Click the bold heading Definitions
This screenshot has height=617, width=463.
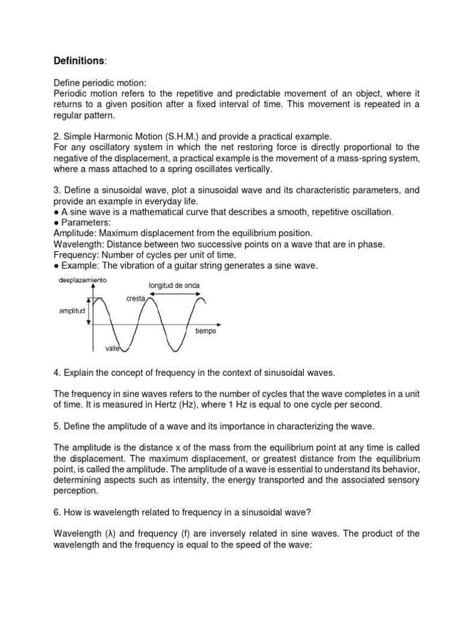click(x=79, y=61)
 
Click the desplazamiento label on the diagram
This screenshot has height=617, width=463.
click(x=83, y=281)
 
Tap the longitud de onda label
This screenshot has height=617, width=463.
click(x=174, y=285)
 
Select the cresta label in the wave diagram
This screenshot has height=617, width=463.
click(x=136, y=299)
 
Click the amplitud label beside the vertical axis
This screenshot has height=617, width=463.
click(x=72, y=312)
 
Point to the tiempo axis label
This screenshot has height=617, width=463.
click(x=205, y=331)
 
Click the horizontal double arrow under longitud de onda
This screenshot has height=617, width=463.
click(x=175, y=293)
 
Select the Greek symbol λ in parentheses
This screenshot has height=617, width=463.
click(x=110, y=534)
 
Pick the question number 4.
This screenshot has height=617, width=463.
click(x=56, y=373)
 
